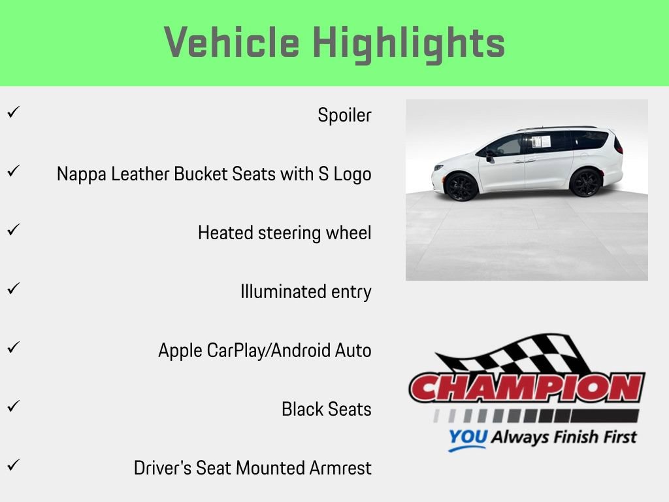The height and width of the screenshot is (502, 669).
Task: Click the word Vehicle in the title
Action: [232, 43]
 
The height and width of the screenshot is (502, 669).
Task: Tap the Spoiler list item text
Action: [344, 116]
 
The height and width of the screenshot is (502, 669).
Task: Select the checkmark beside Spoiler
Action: [12, 112]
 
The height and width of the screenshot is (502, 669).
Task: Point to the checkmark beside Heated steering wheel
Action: [12, 230]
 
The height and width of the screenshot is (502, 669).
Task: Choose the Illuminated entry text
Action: [306, 292]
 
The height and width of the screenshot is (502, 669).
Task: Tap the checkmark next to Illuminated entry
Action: [12, 288]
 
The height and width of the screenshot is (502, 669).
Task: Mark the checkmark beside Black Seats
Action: [12, 406]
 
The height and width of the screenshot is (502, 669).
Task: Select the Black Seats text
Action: [326, 409]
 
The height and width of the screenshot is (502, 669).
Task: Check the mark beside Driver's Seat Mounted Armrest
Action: [12, 465]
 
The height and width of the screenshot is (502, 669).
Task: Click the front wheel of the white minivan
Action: [461, 186]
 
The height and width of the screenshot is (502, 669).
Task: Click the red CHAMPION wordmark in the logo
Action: [527, 388]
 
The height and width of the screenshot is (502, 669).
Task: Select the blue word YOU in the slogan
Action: [467, 437]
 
